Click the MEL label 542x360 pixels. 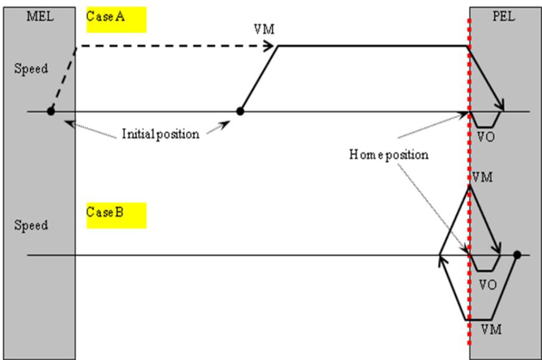(40, 16)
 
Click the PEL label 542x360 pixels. (504, 16)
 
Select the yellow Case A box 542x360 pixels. (116, 20)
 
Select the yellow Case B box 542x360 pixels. (116, 215)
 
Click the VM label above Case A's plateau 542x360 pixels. (264, 29)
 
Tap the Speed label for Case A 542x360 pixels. (31, 68)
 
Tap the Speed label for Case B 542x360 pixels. (31, 225)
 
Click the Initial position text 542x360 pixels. (161, 134)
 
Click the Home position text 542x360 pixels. (389, 154)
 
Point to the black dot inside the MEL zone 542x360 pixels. (51, 111)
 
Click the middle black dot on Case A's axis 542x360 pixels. (240, 111)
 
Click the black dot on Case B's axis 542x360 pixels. (517, 255)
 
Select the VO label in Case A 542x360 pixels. (486, 137)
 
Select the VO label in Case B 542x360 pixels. (488, 285)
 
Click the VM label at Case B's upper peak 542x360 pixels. (482, 178)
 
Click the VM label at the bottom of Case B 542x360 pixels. (491, 329)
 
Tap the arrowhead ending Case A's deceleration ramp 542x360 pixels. (500, 105)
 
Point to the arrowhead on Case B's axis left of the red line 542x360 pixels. (442, 261)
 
